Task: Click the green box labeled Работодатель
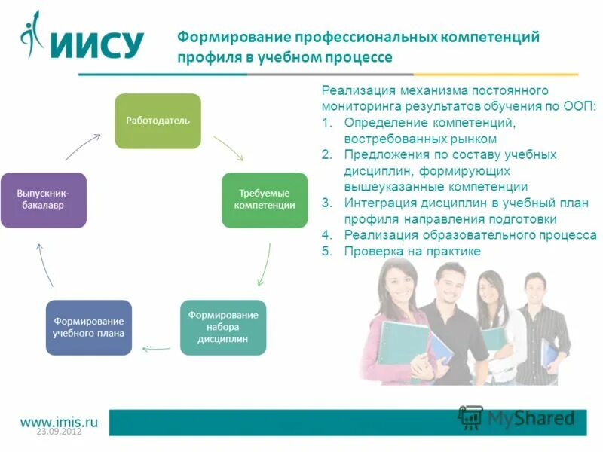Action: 158,121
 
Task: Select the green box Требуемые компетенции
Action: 265,200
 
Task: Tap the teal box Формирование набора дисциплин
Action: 223,328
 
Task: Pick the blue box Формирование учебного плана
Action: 89,328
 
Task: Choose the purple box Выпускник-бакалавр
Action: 44,200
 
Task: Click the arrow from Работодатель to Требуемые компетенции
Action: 229,149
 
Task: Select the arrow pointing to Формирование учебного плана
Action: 156,348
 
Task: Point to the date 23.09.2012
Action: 59,432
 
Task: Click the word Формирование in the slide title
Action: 233,38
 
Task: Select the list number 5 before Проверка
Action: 326,252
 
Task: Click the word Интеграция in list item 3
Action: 381,203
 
